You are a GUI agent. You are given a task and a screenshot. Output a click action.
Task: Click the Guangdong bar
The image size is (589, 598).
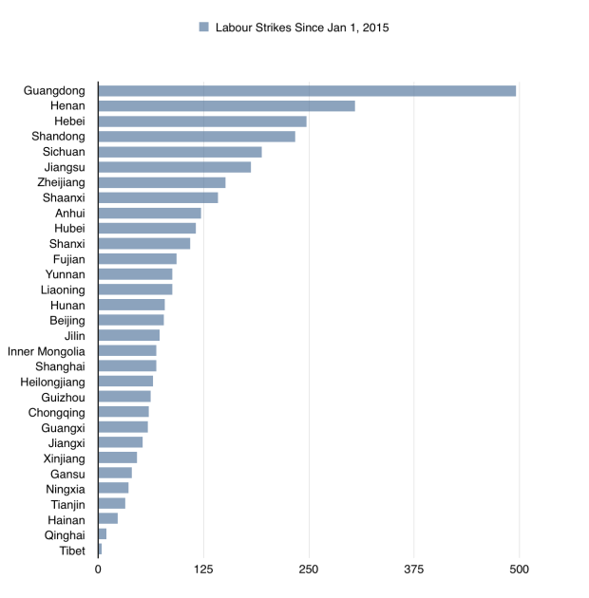(307, 91)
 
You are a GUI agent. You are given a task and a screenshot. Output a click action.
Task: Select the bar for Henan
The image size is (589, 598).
(226, 106)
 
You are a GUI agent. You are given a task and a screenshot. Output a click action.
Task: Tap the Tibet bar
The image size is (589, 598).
(100, 551)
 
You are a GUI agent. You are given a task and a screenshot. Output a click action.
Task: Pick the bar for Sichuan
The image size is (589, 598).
(180, 152)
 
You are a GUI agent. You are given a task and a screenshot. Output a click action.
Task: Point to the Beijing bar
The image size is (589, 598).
(131, 320)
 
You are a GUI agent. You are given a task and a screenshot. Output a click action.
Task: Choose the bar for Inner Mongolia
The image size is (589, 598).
(127, 351)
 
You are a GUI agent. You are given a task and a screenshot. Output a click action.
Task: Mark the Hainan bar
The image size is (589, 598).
(108, 519)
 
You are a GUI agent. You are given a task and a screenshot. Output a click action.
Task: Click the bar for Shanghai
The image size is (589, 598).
(127, 366)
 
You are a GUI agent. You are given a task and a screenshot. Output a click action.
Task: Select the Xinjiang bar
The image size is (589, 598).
(118, 458)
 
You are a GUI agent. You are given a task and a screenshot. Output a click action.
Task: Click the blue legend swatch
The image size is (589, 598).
(203, 28)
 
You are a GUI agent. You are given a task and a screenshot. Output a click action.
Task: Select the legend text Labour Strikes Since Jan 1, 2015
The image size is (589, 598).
(301, 28)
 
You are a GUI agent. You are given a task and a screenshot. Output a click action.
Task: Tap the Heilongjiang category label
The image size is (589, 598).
(53, 382)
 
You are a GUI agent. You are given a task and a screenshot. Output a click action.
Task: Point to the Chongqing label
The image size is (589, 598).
(57, 413)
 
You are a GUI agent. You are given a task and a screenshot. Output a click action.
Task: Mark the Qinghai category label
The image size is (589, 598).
(65, 534)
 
